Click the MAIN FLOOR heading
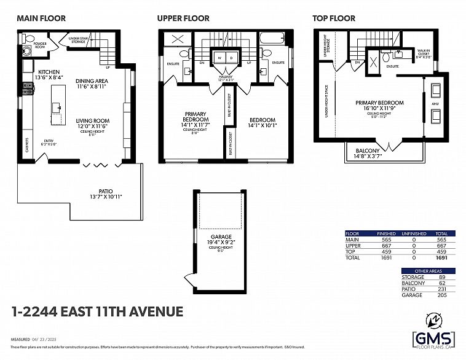[x=41, y=18]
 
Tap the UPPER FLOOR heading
[x=183, y=18]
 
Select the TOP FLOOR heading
[x=334, y=18]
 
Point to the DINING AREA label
[x=93, y=81]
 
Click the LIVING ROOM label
[x=93, y=121]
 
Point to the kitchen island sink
[x=60, y=108]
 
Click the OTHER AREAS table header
[x=428, y=271]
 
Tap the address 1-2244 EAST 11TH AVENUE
[x=97, y=311]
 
